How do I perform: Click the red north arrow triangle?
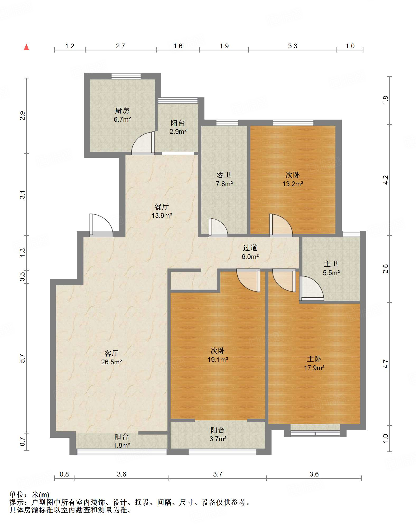(26, 47)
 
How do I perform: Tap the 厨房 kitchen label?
(122, 111)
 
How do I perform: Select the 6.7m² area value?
(122, 119)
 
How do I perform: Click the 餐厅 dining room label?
(162, 206)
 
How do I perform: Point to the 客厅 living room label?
(111, 353)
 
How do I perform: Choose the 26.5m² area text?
(111, 362)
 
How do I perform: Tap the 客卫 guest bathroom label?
(224, 175)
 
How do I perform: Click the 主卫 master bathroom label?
(331, 264)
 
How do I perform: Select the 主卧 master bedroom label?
(314, 359)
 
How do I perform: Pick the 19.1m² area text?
(218, 360)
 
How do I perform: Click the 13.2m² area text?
(293, 184)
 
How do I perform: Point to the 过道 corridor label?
(250, 248)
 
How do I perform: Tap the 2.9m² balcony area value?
(178, 131)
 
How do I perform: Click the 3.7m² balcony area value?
(218, 439)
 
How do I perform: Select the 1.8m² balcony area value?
(122, 445)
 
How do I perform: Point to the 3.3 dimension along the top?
(293, 46)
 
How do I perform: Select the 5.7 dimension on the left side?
(22, 359)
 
